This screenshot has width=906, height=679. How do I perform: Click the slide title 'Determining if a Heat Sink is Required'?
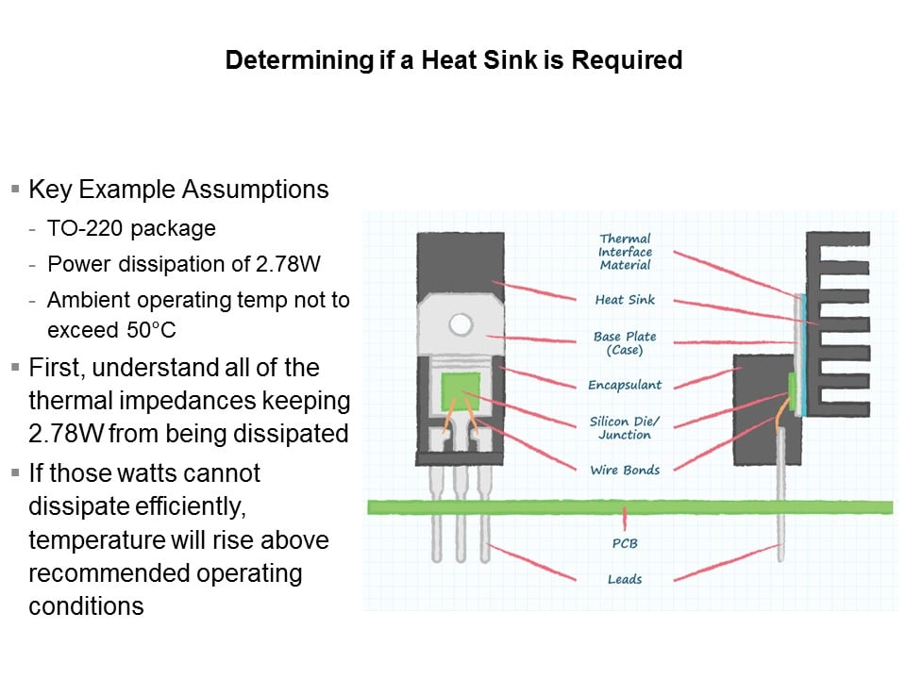tap(454, 60)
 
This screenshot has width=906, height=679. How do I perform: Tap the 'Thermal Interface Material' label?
tap(625, 252)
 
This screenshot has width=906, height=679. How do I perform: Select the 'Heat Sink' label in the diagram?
tap(625, 300)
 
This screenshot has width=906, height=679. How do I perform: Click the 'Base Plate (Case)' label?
tap(625, 343)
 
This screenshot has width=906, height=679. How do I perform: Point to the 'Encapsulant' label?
tap(625, 385)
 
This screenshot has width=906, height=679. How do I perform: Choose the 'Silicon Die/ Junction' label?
tap(624, 428)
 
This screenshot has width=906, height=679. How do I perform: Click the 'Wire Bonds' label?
tap(625, 470)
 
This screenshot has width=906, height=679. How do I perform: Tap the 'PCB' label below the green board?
tap(625, 543)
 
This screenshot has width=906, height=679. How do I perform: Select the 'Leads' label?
tap(625, 579)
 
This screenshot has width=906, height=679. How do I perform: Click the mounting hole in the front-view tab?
tap(461, 324)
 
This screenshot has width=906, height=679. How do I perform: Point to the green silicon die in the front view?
tap(461, 391)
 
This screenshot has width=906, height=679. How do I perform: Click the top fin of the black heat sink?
tap(838, 239)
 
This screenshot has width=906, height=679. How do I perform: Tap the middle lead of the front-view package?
tap(461, 514)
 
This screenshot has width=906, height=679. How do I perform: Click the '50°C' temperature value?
tap(151, 330)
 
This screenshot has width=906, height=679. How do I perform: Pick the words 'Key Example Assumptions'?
tap(178, 190)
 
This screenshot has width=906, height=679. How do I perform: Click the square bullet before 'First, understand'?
tap(16, 367)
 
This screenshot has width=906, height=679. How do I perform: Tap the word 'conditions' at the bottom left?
tap(86, 606)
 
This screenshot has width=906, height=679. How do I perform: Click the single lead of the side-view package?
tap(780, 493)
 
